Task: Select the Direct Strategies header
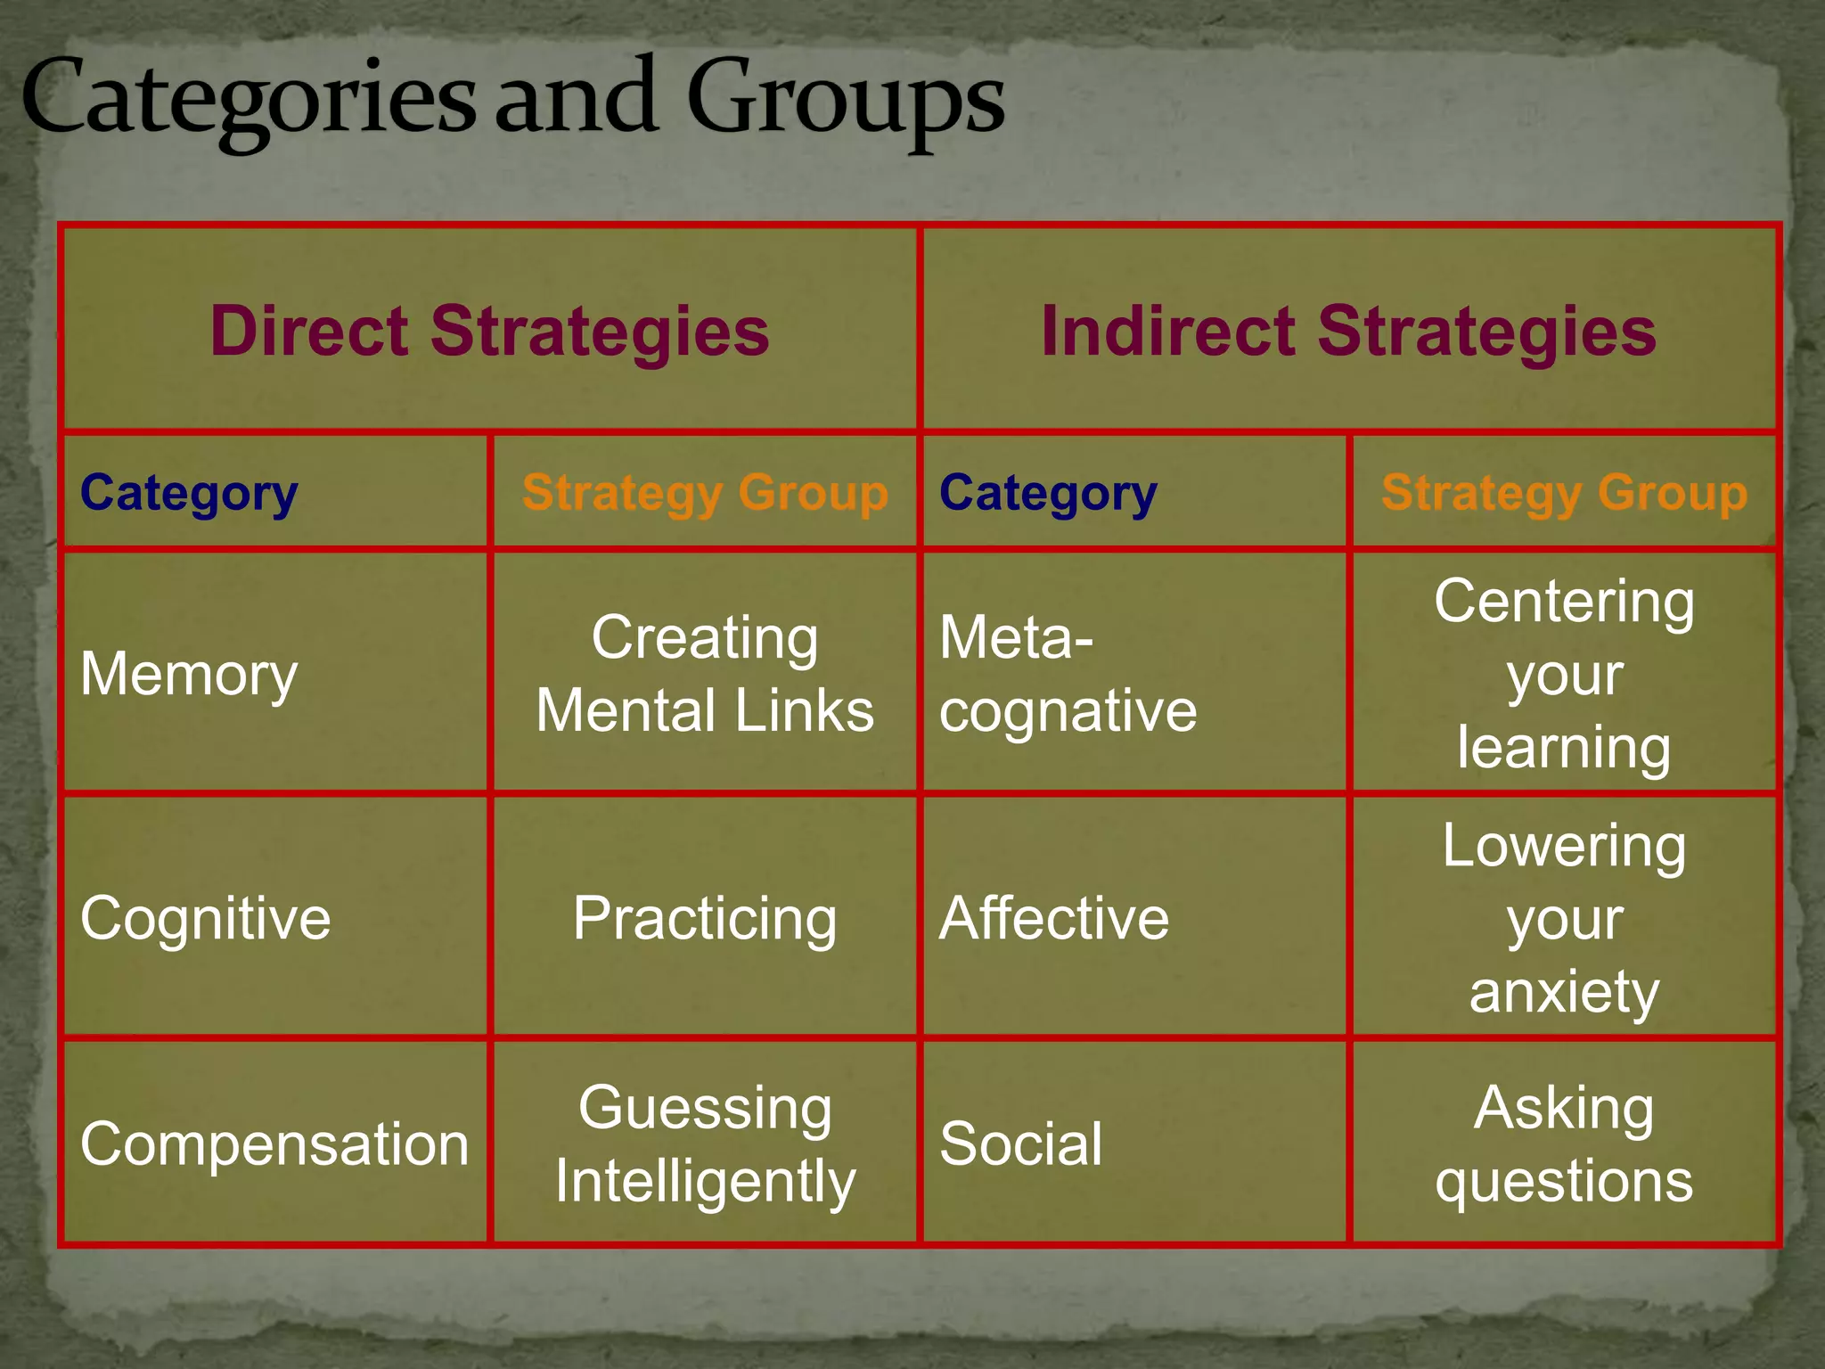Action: tap(489, 331)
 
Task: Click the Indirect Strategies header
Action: tap(1348, 331)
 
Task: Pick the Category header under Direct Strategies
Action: tap(189, 493)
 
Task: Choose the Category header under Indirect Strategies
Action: tap(1048, 493)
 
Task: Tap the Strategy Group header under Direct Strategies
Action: tap(705, 493)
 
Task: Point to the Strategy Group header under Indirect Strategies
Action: tap(1564, 493)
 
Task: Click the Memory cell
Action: tap(189, 674)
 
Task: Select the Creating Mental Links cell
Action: tap(705, 674)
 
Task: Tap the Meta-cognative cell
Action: tap(1068, 674)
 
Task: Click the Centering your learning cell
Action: tap(1564, 674)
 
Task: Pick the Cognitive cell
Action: tap(205, 918)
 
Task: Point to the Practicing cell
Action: tap(705, 918)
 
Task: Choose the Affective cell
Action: tap(1053, 918)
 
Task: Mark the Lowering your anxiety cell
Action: tap(1564, 918)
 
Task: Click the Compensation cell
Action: tap(274, 1144)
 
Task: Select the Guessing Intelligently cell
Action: tap(705, 1144)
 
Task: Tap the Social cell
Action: tap(1020, 1144)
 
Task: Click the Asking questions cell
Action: tap(1564, 1144)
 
